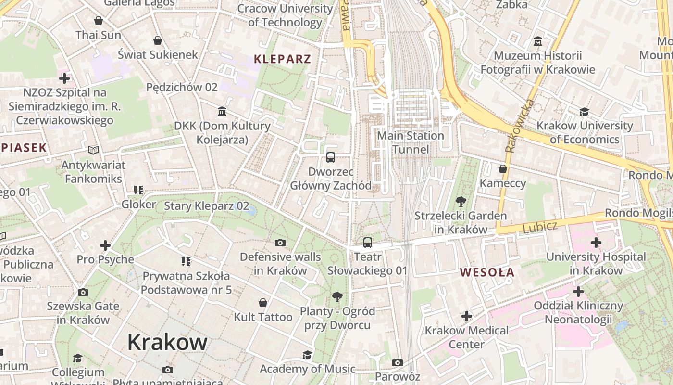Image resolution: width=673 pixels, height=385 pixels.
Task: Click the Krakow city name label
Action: pyautogui.click(x=167, y=342)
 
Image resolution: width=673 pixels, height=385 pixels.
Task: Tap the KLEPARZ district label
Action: pyautogui.click(x=282, y=59)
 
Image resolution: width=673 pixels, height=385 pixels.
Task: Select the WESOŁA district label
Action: pyautogui.click(x=487, y=272)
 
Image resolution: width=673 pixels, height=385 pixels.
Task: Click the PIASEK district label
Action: pyautogui.click(x=24, y=148)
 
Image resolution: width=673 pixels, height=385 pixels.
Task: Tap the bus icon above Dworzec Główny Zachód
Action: pyautogui.click(x=331, y=157)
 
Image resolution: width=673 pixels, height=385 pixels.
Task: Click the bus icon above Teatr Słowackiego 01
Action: pyautogui.click(x=368, y=243)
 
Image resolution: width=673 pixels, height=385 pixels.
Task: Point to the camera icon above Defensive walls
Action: pyautogui.click(x=280, y=243)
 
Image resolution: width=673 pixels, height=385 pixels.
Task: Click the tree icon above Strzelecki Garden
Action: pyautogui.click(x=461, y=202)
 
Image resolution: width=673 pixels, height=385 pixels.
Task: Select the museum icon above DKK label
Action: pyautogui.click(x=222, y=112)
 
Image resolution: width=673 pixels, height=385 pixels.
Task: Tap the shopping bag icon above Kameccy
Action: pyautogui.click(x=503, y=169)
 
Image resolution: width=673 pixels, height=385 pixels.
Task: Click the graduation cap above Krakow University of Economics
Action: pyautogui.click(x=584, y=112)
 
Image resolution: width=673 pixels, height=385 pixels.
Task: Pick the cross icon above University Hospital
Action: pyautogui.click(x=596, y=243)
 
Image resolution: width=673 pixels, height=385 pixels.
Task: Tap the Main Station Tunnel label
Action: pyautogui.click(x=410, y=142)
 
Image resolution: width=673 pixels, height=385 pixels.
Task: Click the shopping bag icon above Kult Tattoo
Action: pyautogui.click(x=263, y=303)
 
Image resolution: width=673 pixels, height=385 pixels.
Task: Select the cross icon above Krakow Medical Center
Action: pyautogui.click(x=466, y=316)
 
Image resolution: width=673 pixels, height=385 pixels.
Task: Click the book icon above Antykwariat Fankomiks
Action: pyautogui.click(x=93, y=151)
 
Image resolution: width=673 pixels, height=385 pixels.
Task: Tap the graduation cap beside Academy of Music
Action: pyautogui.click(x=307, y=355)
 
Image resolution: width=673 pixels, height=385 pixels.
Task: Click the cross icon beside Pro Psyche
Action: pyautogui.click(x=105, y=245)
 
